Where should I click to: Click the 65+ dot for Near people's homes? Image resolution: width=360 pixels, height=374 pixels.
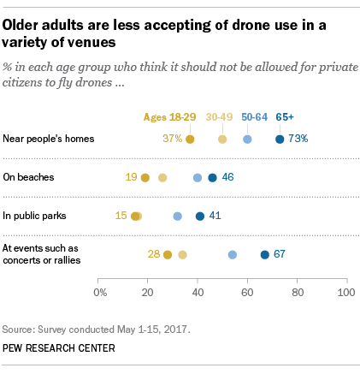(x=280, y=139)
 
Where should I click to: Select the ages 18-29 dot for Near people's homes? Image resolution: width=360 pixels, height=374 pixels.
(x=190, y=139)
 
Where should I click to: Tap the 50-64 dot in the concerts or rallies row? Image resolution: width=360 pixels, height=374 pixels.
(x=233, y=254)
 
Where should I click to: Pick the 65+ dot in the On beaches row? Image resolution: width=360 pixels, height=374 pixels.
(x=213, y=177)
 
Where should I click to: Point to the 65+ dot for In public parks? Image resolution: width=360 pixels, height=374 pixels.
(x=200, y=217)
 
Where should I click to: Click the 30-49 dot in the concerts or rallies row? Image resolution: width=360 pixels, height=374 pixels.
(x=182, y=254)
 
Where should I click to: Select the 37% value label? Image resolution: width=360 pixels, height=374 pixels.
(x=173, y=139)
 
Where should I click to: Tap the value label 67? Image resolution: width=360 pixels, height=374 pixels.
(x=279, y=254)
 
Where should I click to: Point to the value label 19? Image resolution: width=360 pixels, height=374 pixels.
(x=132, y=177)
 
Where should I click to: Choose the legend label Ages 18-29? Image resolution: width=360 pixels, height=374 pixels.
(x=168, y=117)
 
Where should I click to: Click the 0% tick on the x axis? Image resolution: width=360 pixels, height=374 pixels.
(x=100, y=292)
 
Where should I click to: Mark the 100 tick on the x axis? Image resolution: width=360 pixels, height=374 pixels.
(x=346, y=292)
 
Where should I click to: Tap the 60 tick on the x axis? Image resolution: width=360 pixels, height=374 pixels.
(x=248, y=292)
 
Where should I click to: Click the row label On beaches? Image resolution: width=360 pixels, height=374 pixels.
(x=29, y=177)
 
